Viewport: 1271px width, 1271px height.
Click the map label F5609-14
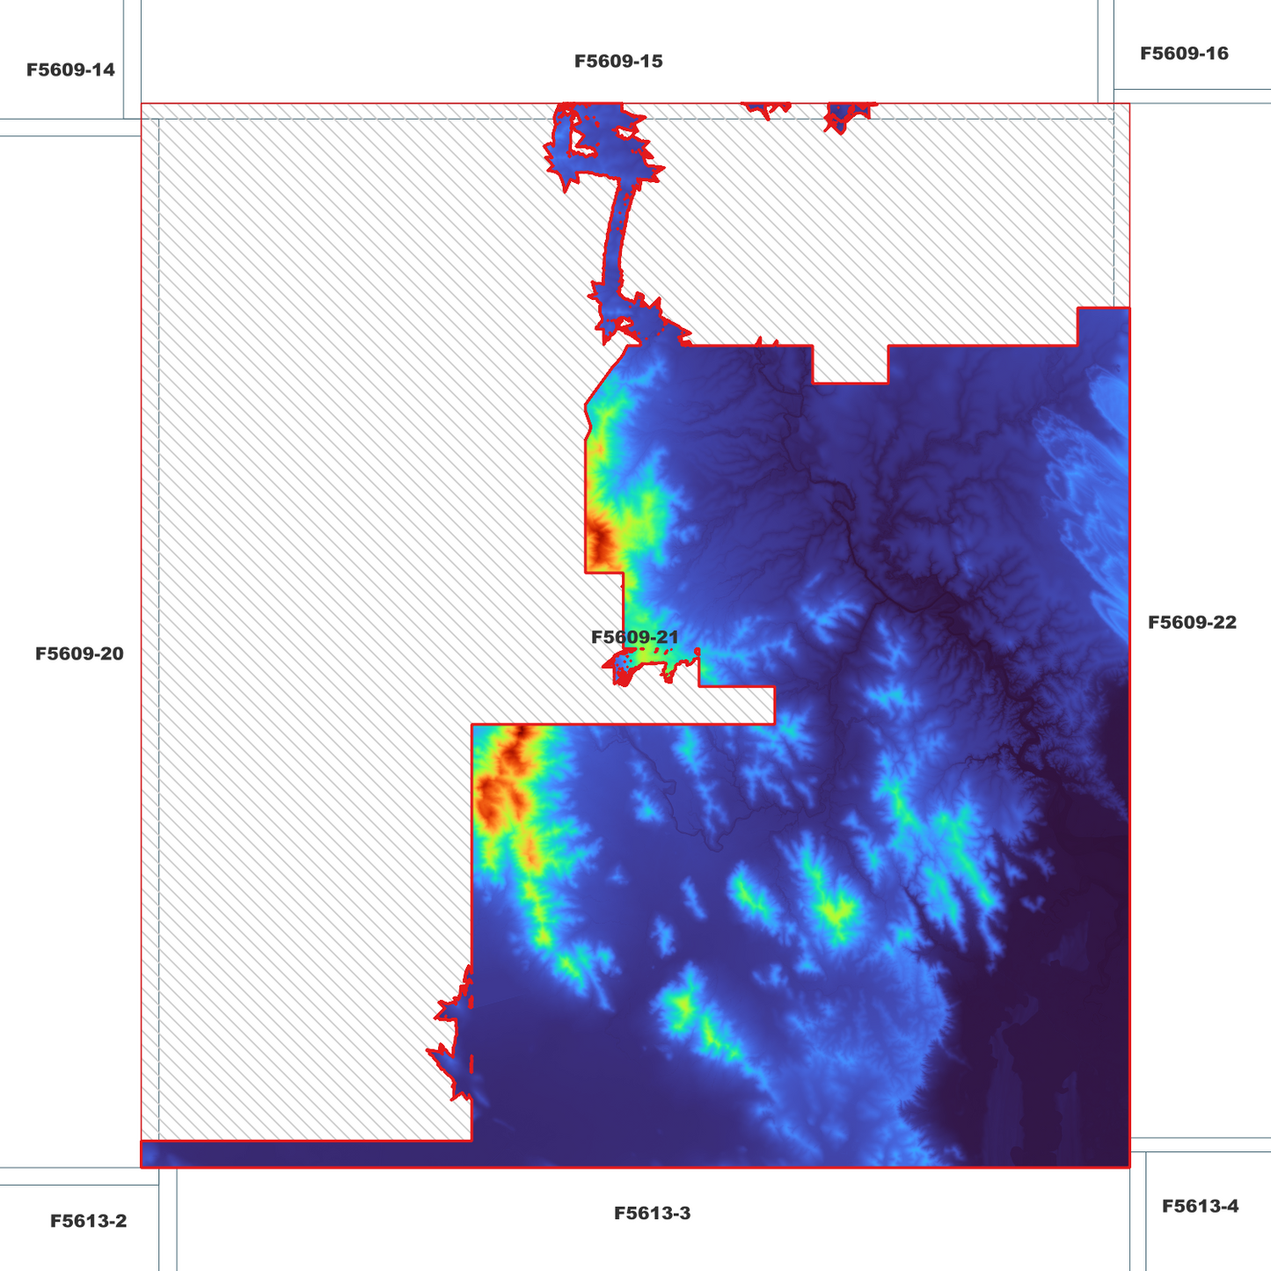click(70, 69)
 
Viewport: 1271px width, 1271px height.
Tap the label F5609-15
click(618, 61)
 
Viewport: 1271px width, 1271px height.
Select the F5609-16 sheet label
click(1184, 53)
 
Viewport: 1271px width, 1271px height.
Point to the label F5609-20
click(79, 654)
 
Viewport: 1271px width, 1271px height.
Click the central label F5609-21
click(634, 637)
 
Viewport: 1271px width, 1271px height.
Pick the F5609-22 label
click(1192, 622)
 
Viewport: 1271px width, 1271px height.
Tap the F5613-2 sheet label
click(88, 1221)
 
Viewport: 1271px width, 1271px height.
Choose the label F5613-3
click(652, 1213)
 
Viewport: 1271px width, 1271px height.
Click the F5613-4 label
click(1200, 1206)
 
